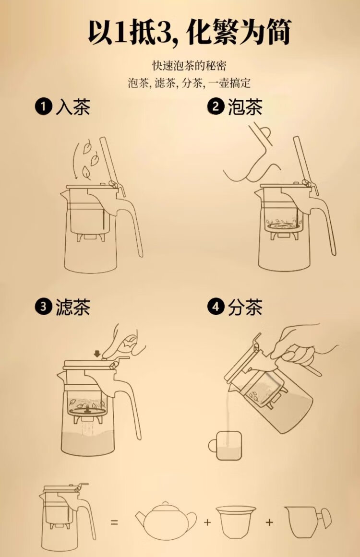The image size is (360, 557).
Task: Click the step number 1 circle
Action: coord(43,106)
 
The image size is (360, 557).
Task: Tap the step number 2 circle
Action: coord(216,106)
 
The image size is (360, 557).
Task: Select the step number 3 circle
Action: coord(43,307)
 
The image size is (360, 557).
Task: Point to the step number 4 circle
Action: coord(216,307)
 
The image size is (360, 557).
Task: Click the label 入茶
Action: coord(73,107)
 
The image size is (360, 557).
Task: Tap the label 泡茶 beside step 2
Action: coord(245,107)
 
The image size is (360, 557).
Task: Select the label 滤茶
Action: coord(73,307)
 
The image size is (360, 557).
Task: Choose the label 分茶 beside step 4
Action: coord(245,307)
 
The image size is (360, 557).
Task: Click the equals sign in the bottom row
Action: coord(114,522)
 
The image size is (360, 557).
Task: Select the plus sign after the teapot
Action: coord(207,522)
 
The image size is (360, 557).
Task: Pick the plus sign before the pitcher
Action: coord(269,522)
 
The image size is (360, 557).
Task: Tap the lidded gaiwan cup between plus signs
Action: coord(236,521)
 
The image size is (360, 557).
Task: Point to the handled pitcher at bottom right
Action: coord(308,521)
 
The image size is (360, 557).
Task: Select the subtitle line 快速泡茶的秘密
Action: coord(189,65)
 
